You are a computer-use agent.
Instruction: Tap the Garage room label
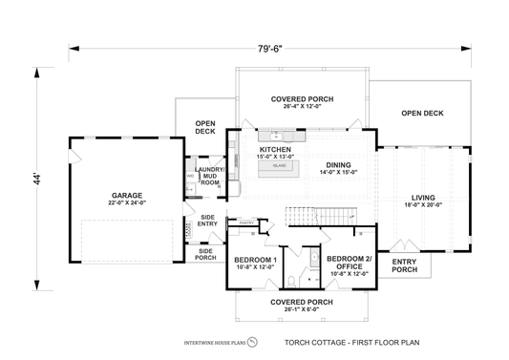tap(126, 197)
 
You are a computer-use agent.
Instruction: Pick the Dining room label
tap(337, 167)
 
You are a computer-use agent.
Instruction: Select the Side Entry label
tap(207, 221)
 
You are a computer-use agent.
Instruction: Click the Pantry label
tap(245, 224)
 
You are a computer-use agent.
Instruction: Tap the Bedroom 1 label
tap(256, 263)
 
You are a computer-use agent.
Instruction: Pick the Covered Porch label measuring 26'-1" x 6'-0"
tap(301, 305)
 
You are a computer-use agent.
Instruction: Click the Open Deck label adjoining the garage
tap(204, 128)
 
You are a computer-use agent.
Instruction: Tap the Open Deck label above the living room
tap(423, 113)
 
